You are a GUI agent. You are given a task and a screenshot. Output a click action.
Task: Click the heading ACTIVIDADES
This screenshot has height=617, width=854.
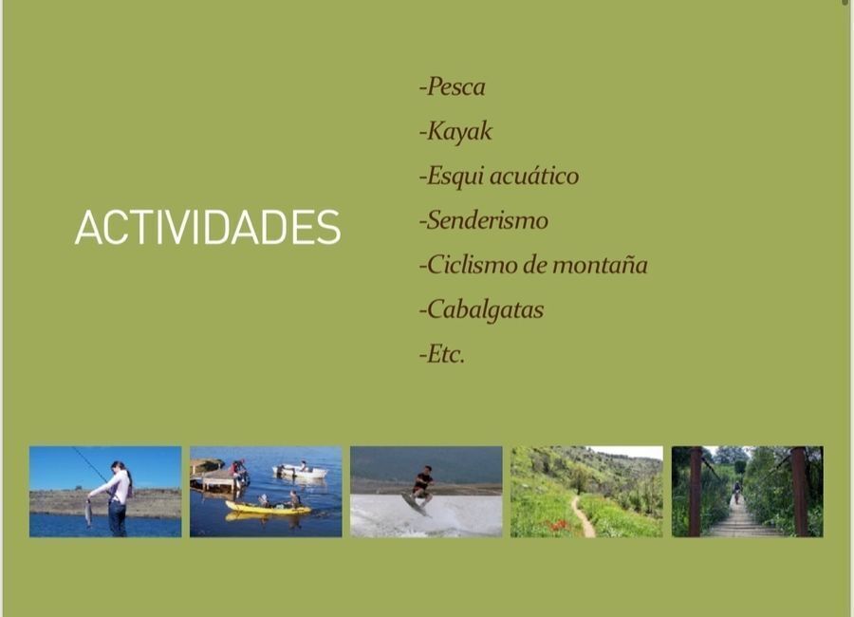pyautogui.click(x=208, y=227)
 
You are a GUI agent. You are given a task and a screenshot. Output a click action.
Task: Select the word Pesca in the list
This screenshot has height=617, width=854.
pyautogui.click(x=455, y=86)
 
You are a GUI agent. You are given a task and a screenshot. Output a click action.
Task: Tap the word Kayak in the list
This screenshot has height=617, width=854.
pyautogui.click(x=459, y=131)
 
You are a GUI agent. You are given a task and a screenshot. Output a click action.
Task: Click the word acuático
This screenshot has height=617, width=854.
pyautogui.click(x=533, y=176)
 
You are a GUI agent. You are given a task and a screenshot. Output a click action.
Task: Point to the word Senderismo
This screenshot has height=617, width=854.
pyautogui.click(x=487, y=221)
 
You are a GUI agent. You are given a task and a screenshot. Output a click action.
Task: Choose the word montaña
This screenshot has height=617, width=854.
pyautogui.click(x=600, y=265)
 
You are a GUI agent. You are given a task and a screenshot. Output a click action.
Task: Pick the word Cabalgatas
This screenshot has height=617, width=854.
pyautogui.click(x=485, y=310)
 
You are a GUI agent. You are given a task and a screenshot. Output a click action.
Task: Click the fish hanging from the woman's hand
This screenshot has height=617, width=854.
pyautogui.click(x=88, y=513)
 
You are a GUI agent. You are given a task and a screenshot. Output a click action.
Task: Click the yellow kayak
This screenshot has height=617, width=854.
pyautogui.click(x=268, y=509)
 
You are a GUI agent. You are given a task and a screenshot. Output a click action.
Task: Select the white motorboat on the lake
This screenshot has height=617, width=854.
pyautogui.click(x=300, y=471)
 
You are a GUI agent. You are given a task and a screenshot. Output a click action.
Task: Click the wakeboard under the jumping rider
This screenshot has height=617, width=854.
pyautogui.click(x=415, y=504)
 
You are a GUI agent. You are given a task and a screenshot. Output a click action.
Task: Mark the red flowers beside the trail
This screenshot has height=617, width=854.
pyautogui.click(x=558, y=526)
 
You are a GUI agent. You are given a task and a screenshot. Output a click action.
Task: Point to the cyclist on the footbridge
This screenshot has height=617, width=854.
pyautogui.click(x=737, y=492)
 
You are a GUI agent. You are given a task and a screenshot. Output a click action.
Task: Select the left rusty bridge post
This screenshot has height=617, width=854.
pyautogui.click(x=695, y=492)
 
